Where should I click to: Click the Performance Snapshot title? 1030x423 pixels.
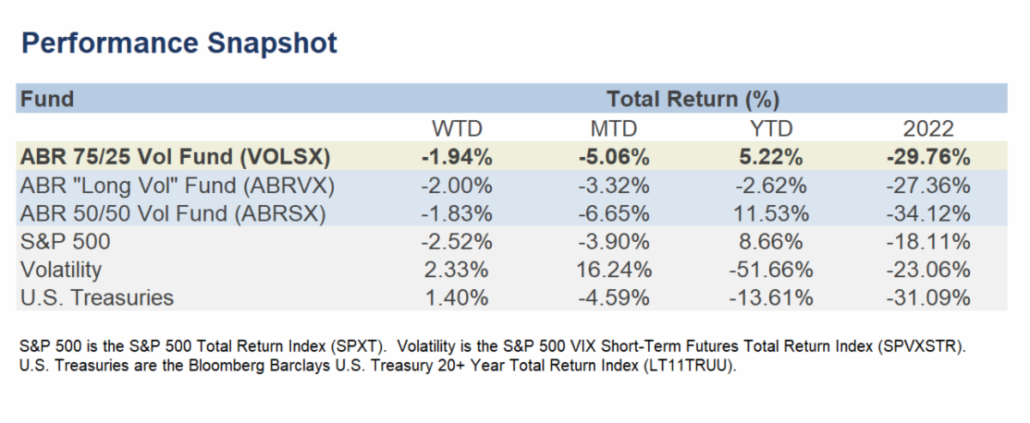coord(179,42)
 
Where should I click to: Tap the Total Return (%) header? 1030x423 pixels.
coord(692,99)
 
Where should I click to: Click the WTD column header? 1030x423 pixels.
coord(457,129)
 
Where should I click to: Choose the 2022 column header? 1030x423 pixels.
coord(928,129)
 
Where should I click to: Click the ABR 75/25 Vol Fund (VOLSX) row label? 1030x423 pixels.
coord(176,157)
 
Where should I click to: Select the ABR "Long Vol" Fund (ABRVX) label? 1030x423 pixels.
coord(177,185)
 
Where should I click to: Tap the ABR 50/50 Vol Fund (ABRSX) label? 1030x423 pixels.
coord(173,214)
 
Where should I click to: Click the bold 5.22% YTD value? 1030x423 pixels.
coord(779,157)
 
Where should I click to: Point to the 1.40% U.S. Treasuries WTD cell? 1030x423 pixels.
coord(457,298)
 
